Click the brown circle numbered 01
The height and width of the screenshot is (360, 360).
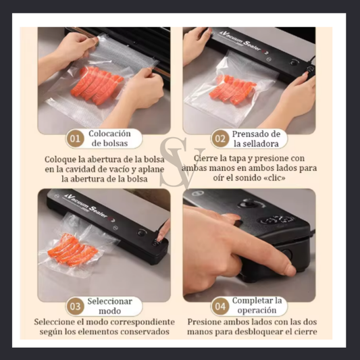(75, 138)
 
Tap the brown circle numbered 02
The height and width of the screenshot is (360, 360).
(220, 138)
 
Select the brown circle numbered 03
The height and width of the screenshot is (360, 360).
(75, 307)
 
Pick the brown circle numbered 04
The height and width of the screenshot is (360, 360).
(220, 307)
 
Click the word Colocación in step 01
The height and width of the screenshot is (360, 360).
(109, 134)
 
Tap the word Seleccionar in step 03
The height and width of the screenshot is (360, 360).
(109, 301)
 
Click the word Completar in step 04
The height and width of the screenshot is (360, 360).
(251, 301)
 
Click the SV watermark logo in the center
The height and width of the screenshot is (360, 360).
(182, 162)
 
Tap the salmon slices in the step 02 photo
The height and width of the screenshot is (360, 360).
(232, 90)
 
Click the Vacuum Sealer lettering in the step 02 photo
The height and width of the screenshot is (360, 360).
(243, 42)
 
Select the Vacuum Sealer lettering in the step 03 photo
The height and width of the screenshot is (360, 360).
(89, 206)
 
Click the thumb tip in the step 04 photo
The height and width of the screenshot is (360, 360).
(289, 270)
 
